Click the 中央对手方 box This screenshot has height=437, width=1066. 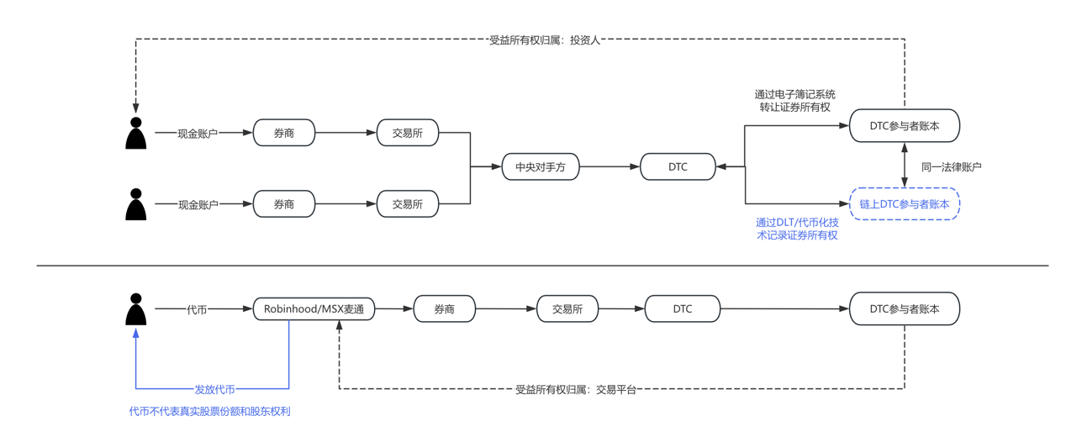pyautogui.click(x=540, y=166)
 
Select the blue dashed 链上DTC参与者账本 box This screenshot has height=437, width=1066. pyautogui.click(x=904, y=203)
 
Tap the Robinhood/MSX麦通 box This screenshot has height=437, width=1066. pyautogui.click(x=314, y=308)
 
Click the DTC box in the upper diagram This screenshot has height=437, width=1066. pyautogui.click(x=678, y=166)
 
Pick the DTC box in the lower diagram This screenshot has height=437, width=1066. pyautogui.click(x=682, y=308)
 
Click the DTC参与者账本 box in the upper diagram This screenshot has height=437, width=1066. pyautogui.click(x=904, y=126)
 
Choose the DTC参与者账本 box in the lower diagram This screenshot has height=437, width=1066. pyautogui.click(x=904, y=308)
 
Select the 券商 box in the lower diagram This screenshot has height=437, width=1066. pyautogui.click(x=444, y=308)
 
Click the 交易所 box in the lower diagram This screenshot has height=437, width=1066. pyautogui.click(x=567, y=308)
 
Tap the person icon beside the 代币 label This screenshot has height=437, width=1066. pyautogui.click(x=135, y=309)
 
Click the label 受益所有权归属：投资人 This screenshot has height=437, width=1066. pyautogui.click(x=544, y=39)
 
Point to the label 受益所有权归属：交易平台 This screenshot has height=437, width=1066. pyautogui.click(x=575, y=389)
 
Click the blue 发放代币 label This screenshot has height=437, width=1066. pyautogui.click(x=214, y=389)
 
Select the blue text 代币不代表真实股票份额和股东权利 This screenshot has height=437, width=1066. pyautogui.click(x=209, y=411)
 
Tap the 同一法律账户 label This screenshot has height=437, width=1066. pyautogui.click(x=951, y=166)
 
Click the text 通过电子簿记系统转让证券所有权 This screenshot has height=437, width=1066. pyautogui.click(x=794, y=101)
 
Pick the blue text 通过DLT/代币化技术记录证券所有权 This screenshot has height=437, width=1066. pyautogui.click(x=796, y=229)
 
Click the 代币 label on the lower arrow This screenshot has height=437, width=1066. pyautogui.click(x=197, y=309)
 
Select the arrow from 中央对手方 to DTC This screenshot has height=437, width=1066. pyautogui.click(x=610, y=166)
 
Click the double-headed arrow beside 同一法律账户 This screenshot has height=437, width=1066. pyautogui.click(x=905, y=165)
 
